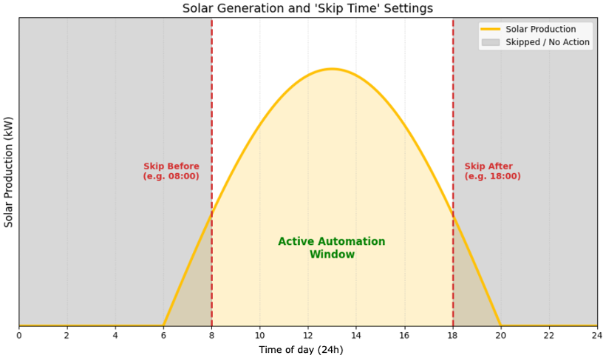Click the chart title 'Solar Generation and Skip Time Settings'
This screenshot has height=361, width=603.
pos(307,8)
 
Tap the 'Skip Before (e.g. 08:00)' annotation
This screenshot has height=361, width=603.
pos(171,172)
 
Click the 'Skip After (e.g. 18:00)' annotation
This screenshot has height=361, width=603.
pos(492,172)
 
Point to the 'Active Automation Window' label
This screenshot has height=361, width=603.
pos(331,248)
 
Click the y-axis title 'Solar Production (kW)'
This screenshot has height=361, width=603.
pos(9,172)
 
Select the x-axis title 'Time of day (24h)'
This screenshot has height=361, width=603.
pos(301,350)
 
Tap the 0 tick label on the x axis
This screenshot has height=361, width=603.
pos(18,336)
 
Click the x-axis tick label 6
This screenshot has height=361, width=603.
pos(163,336)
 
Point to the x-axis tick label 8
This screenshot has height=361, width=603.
pos(211,336)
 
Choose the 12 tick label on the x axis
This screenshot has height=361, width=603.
pos(307,336)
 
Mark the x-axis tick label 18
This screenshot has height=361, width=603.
pos(452,336)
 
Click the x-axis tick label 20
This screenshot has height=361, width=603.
pos(500,336)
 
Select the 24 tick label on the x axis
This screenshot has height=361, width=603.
pos(596,336)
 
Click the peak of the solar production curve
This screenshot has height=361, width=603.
pos(332,69)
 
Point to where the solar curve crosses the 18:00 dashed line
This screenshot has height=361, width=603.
pos(452,215)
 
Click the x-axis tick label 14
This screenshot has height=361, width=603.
pos(356,336)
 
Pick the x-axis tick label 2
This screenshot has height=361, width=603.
pos(67,336)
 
